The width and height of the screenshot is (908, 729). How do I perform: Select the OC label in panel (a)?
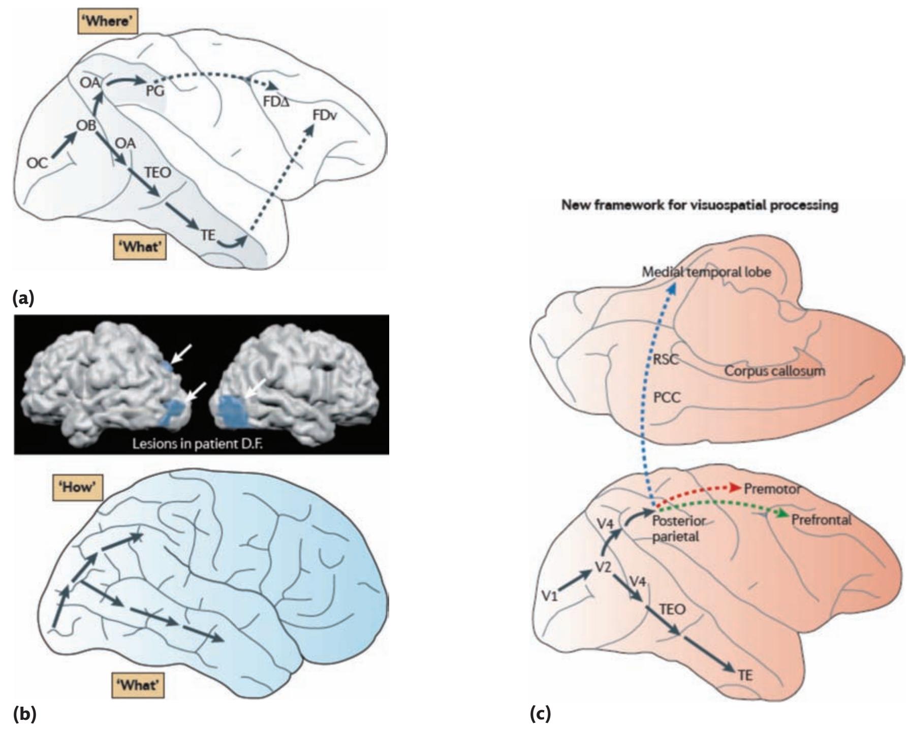click(x=38, y=163)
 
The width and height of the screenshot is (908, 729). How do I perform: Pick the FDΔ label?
click(x=276, y=102)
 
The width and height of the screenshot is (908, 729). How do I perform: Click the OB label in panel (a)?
click(x=86, y=125)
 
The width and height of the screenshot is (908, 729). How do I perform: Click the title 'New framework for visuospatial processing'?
click(x=700, y=205)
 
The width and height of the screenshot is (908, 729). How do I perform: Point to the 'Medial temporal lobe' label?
click(x=707, y=272)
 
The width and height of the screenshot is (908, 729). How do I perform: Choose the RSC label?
click(x=666, y=359)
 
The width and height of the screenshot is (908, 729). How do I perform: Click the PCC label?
click(x=667, y=397)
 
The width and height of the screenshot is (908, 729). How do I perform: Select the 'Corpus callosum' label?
click(x=774, y=371)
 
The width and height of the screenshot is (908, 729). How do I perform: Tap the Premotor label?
click(x=772, y=489)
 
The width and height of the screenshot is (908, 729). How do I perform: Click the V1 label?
click(x=549, y=595)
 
